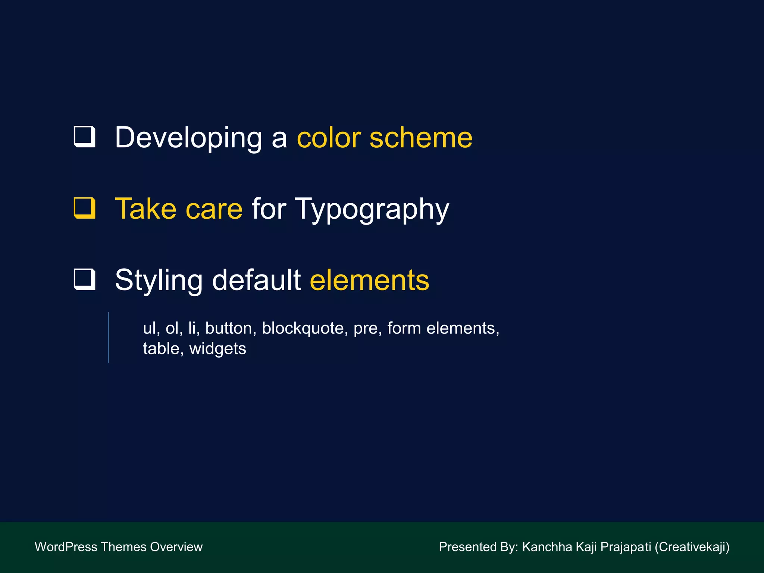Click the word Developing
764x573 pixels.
click(188, 138)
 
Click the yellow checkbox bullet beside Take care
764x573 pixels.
click(85, 208)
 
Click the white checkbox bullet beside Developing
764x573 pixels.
click(85, 137)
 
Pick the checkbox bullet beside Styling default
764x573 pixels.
click(85, 279)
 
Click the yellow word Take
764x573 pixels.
click(145, 209)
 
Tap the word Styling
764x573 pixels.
click(159, 281)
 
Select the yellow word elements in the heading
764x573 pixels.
click(369, 281)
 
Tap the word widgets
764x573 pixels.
click(217, 349)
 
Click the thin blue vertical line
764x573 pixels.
click(108, 337)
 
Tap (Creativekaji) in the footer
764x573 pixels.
click(692, 547)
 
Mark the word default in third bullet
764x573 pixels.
click(256, 280)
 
